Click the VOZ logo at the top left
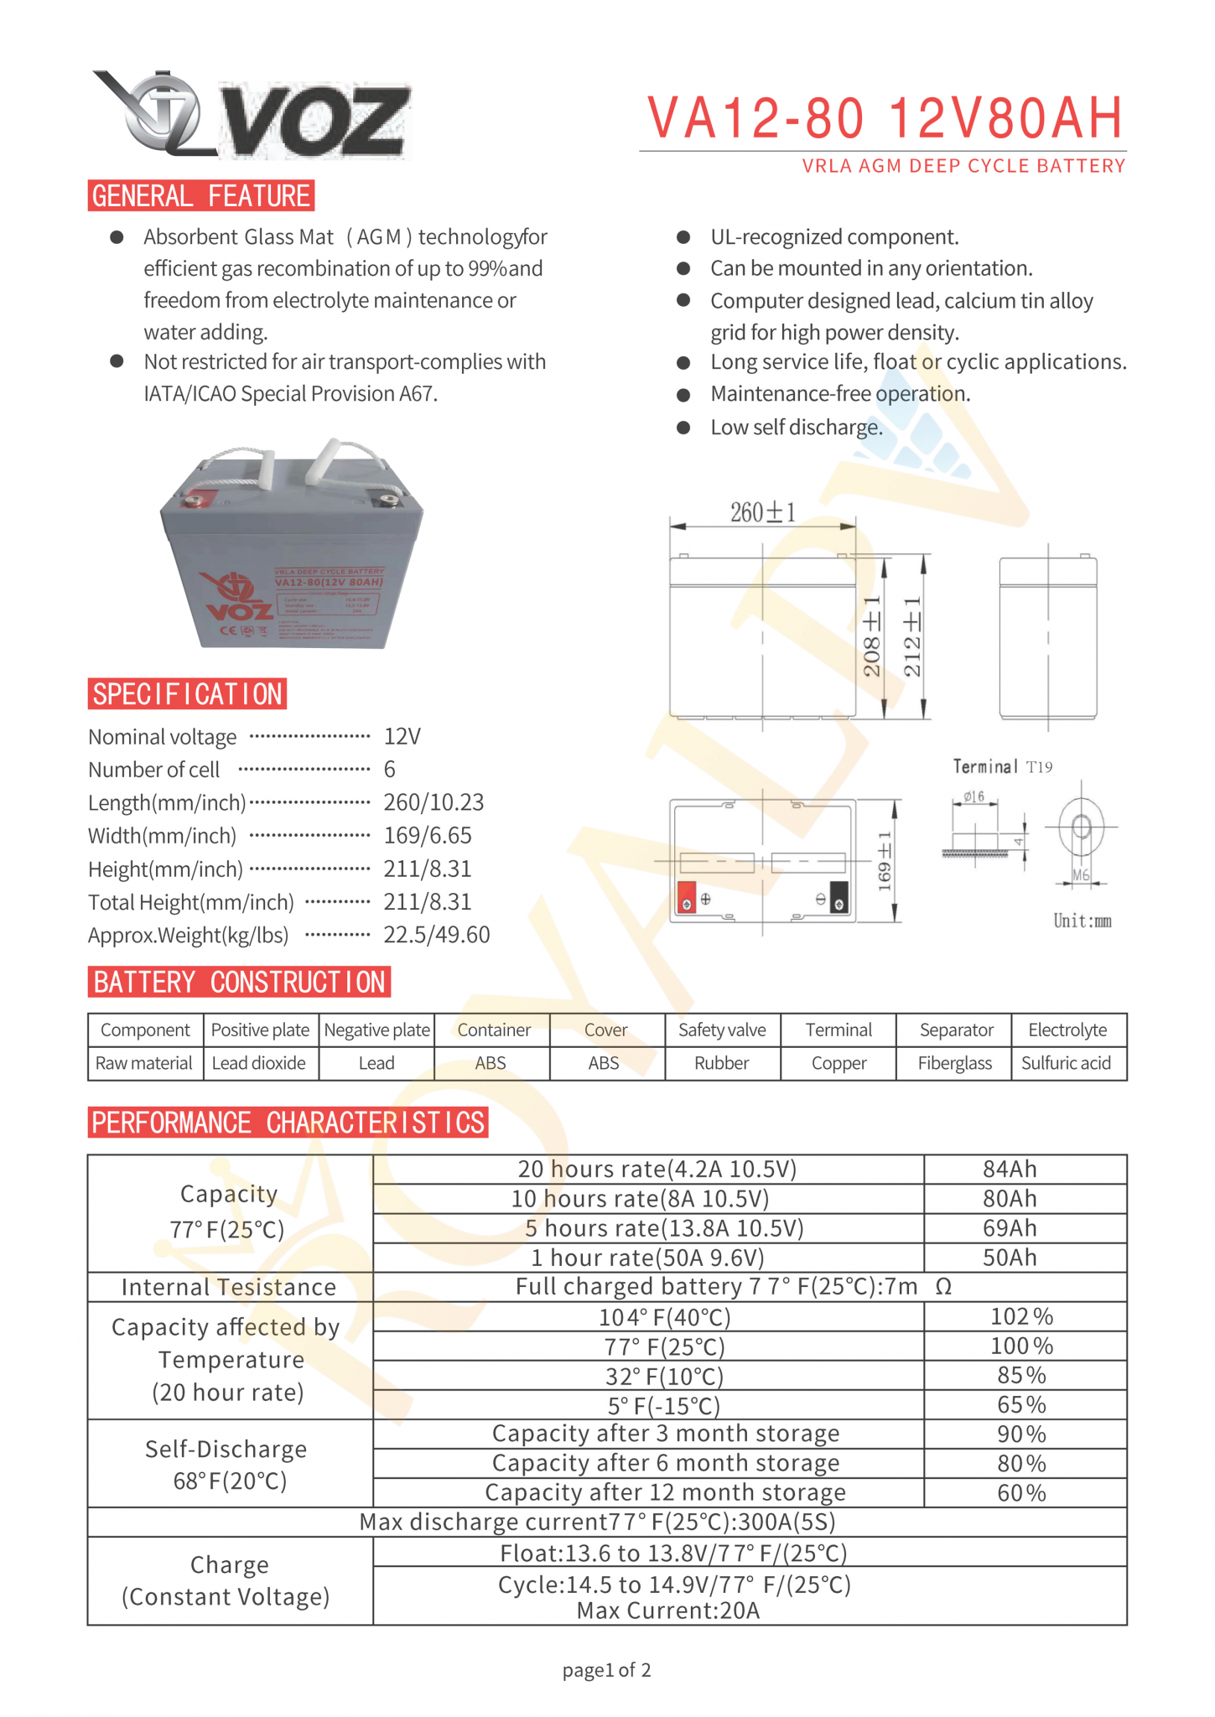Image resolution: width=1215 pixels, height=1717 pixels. pos(252,116)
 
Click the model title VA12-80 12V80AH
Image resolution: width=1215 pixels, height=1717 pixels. pos(884,118)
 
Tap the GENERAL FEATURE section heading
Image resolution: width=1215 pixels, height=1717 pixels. pos(200,196)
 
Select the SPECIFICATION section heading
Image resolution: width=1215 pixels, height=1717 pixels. pos(187,694)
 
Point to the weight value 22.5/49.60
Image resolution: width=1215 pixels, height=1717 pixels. pos(436,935)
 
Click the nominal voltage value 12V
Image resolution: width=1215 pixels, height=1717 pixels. pos(402,737)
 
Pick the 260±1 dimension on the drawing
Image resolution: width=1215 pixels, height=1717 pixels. pos(762,512)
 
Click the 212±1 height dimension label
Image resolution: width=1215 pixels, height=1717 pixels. pos(912,637)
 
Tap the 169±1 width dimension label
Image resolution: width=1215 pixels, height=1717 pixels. pos(885,862)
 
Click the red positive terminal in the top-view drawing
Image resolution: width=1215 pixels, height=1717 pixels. pos(687,897)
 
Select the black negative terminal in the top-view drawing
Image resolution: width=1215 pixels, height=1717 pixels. pos(839,897)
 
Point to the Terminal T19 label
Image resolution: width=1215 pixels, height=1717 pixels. pos(1002,766)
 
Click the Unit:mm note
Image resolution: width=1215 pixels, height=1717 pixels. pos(1082,921)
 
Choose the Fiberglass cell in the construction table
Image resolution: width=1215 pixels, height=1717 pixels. pos(954,1063)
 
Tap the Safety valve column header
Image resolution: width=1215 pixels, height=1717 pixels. pos(722,1030)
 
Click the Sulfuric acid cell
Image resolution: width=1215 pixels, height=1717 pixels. pos(1066,1063)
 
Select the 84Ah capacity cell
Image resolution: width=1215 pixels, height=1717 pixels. pos(1010,1169)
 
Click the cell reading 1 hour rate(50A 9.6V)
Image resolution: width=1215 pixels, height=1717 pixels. pos(647,1258)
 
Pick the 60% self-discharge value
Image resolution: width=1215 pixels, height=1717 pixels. pos(1021,1492)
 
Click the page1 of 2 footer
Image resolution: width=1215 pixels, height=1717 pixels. pos(606,1670)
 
